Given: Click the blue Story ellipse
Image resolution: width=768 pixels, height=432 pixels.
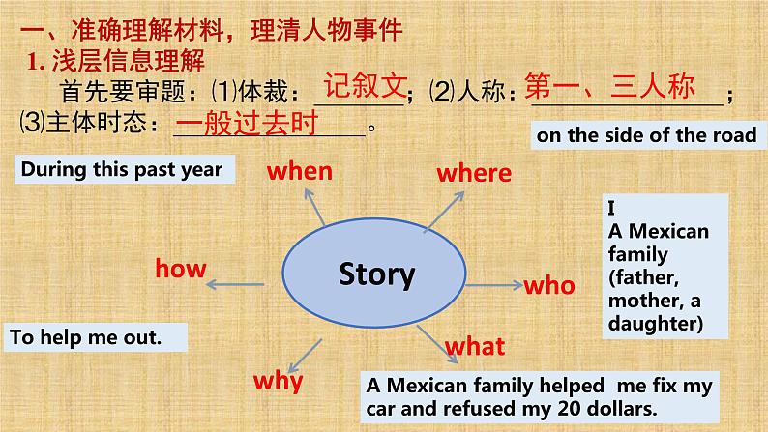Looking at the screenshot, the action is pyautogui.click(x=374, y=273).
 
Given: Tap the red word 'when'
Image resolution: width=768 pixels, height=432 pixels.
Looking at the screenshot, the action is pyautogui.click(x=300, y=172).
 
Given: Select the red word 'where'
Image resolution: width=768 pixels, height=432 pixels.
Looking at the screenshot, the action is pyautogui.click(x=474, y=173).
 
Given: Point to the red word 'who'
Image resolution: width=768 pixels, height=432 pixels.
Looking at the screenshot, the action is pyautogui.click(x=549, y=286).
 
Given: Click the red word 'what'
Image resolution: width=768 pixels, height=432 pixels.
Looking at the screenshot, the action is pyautogui.click(x=475, y=346).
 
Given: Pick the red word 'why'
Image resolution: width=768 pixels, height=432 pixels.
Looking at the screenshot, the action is pyautogui.click(x=279, y=382).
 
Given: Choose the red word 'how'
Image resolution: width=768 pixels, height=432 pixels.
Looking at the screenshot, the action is pyautogui.click(x=181, y=269).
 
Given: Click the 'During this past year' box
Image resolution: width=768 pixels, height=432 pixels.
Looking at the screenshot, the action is pyautogui.click(x=125, y=169).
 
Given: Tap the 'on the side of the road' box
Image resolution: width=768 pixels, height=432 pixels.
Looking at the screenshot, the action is pyautogui.click(x=648, y=135).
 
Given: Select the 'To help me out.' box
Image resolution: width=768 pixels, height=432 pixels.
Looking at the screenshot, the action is pyautogui.click(x=96, y=337).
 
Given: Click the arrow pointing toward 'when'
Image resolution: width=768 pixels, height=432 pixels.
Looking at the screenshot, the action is pyautogui.click(x=314, y=207).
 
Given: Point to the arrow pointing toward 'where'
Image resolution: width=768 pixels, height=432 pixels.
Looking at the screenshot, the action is pyautogui.click(x=444, y=211).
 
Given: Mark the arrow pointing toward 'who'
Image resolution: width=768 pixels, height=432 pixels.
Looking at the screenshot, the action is pyautogui.click(x=494, y=285).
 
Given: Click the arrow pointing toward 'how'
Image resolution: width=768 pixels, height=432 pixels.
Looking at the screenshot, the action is pyautogui.click(x=235, y=284).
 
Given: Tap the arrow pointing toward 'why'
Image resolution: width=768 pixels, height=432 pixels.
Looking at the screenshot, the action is pyautogui.click(x=305, y=357).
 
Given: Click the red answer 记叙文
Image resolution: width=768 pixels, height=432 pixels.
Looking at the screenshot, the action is pyautogui.click(x=365, y=86).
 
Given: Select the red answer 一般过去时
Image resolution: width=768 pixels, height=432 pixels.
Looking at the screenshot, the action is pyautogui.click(x=247, y=123).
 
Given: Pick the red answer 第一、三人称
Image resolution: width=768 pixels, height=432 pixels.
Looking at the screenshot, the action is pyautogui.click(x=609, y=86).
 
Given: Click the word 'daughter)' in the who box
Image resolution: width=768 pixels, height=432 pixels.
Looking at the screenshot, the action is pyautogui.click(x=656, y=324).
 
